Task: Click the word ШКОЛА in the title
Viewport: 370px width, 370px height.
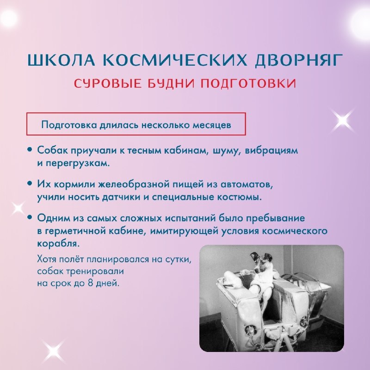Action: pos(62,60)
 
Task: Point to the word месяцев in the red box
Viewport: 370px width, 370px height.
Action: pos(212,124)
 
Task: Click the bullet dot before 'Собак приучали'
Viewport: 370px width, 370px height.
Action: pos(30,149)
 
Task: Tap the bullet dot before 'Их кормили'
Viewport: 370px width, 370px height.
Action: pos(30,183)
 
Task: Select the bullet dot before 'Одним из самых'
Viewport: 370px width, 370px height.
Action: pos(30,217)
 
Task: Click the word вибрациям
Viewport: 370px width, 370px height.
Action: pos(271,150)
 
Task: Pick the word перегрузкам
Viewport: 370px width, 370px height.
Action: pos(78,164)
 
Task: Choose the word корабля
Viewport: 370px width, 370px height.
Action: pos(58,244)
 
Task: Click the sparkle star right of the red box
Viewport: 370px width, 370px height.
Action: pos(343,121)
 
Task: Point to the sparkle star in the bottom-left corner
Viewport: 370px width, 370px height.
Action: pos(54,350)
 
